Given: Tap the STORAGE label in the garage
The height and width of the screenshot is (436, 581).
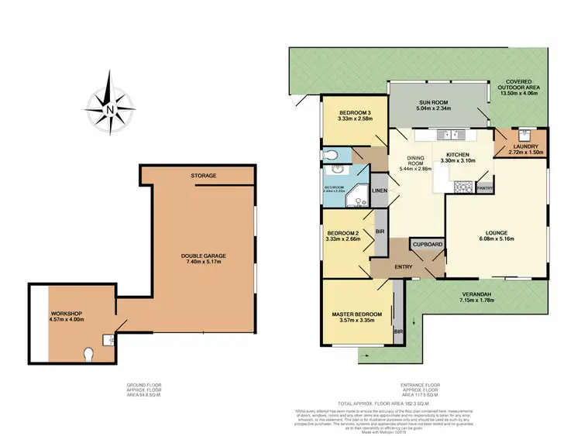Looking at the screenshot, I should click(x=205, y=176).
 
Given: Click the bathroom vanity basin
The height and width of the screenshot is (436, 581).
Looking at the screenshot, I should click(x=336, y=170).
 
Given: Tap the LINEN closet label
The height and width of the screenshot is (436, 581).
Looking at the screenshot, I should click(x=380, y=191).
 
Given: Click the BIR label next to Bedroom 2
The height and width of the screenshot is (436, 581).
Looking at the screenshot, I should click(x=380, y=231).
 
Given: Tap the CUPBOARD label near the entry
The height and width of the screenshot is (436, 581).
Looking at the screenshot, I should click(x=428, y=244).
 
